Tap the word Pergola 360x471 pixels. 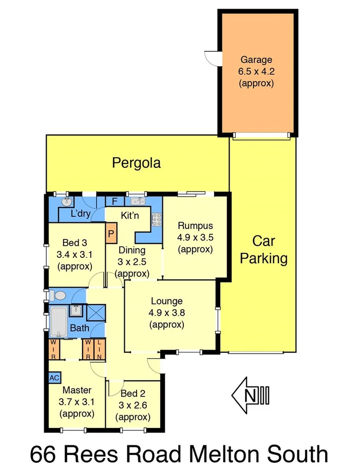pos(136,163)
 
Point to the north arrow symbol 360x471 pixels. pos(250,396)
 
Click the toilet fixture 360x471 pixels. pos(57,295)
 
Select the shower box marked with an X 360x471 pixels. pos(96,313)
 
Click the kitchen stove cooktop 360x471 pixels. pos(155,220)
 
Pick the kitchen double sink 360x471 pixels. pos(136,201)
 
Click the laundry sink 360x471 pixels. pos(66,201)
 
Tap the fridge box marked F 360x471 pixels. pos(115,201)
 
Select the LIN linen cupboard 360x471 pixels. pos(100,349)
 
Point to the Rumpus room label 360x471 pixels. pos(195,225)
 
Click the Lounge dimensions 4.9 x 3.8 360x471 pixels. pos(166,313)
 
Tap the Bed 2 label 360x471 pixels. pos(132,394)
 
